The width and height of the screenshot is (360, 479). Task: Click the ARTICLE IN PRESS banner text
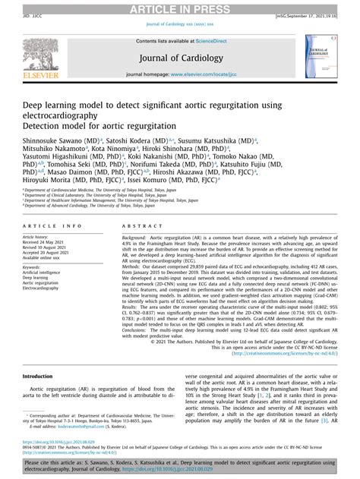coord(180,8)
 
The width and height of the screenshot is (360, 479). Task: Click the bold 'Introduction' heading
coord(38,377)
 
